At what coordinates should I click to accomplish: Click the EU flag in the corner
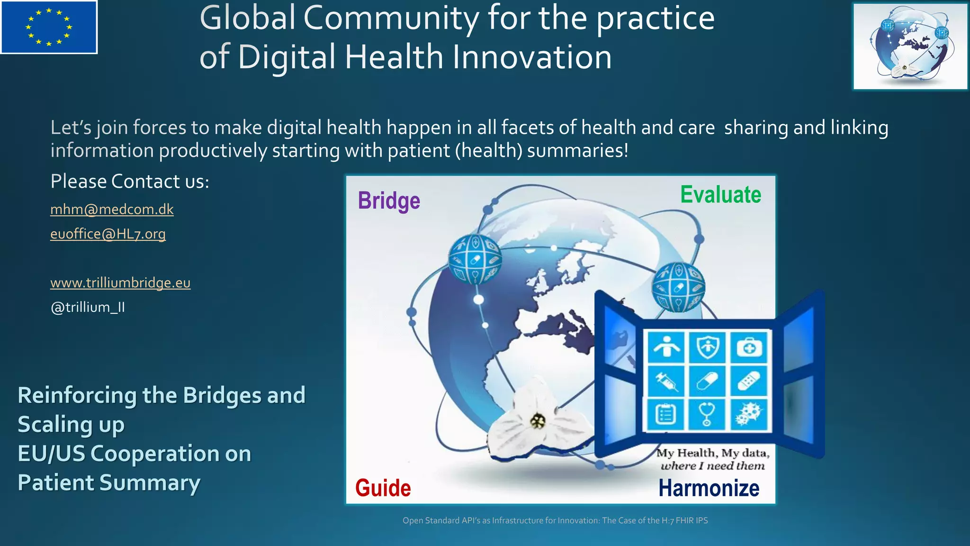pos(49,27)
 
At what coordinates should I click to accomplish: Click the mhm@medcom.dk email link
pos(112,209)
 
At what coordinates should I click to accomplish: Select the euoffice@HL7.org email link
pos(108,234)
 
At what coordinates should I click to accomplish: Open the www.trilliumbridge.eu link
pos(120,283)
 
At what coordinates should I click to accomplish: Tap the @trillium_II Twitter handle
pos(88,308)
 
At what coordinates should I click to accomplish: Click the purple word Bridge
pos(389,200)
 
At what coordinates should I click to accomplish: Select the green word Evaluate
pos(720,195)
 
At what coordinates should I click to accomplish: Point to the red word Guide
pos(383,488)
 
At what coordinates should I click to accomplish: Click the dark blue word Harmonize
pos(709,488)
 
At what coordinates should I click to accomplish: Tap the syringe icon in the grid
pos(666,381)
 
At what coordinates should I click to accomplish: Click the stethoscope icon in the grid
pos(707,414)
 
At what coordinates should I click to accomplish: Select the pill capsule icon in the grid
pos(707,381)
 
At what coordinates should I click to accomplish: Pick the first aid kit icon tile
pos(749,347)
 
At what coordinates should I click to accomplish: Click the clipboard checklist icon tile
pos(666,414)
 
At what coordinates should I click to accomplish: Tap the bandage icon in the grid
pos(749,381)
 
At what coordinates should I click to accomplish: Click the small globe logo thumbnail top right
pos(910,46)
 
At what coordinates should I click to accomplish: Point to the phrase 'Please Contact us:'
pos(130,182)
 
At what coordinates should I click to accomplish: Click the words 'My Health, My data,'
pos(712,453)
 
